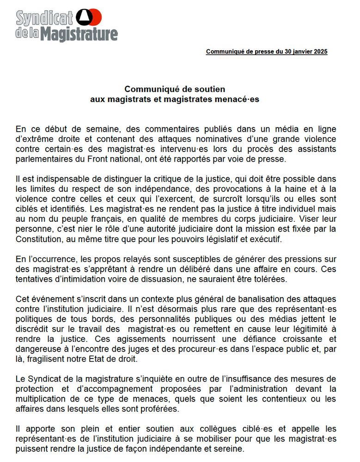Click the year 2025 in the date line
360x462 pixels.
(x=319, y=52)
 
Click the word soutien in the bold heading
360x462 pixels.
(x=209, y=89)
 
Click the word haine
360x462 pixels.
(x=287, y=188)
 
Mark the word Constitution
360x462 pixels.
(x=38, y=239)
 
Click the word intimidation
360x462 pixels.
(x=77, y=280)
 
